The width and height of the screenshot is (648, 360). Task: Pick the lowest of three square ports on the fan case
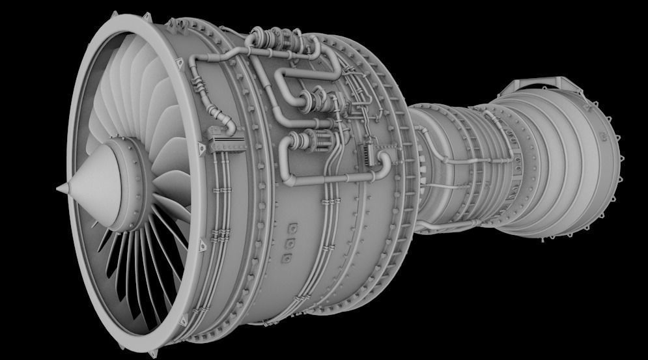(x=285, y=258)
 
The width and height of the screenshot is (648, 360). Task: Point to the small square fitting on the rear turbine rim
(x=602, y=137)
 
